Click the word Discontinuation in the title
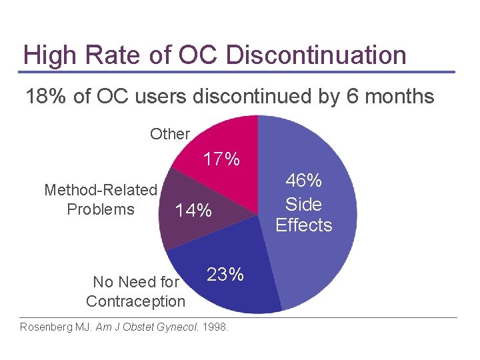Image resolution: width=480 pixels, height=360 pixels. click(316, 55)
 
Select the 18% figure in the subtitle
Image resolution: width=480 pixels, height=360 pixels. click(47, 97)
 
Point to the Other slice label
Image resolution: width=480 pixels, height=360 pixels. click(170, 134)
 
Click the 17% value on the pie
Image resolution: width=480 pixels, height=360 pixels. click(221, 159)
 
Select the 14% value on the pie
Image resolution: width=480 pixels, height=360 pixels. click(193, 211)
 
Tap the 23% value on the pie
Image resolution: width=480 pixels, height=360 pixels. click(225, 275)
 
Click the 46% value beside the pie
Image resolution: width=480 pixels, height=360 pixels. click(303, 181)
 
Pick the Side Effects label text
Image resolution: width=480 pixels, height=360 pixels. click(303, 215)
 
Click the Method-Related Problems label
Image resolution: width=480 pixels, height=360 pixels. click(101, 199)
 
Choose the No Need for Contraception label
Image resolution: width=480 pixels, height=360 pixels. click(135, 291)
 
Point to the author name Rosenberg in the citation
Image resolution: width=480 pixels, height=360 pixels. click(47, 327)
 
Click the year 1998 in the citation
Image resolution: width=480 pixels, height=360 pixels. click(215, 327)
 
